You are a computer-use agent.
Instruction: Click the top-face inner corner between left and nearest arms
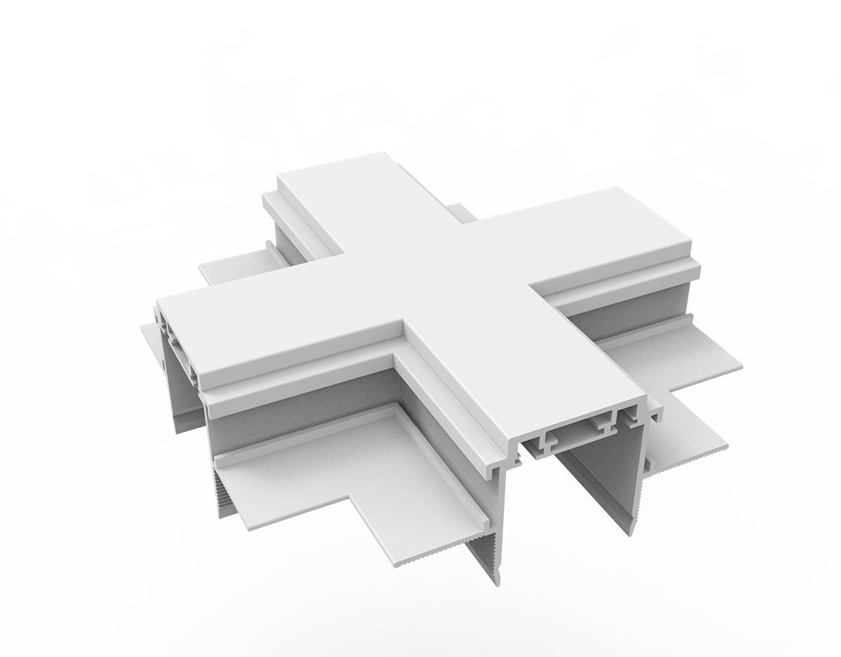tap(401, 324)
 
